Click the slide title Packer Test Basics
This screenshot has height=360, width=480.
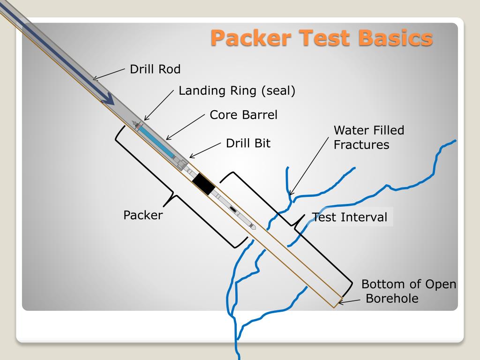(x=321, y=37)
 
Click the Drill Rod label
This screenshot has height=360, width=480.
(x=155, y=69)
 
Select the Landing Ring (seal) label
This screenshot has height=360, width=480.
(x=237, y=90)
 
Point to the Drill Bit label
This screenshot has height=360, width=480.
(x=248, y=143)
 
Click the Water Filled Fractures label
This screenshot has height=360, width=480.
(x=368, y=137)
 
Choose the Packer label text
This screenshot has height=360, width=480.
(x=143, y=215)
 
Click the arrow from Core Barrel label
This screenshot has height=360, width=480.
(x=186, y=127)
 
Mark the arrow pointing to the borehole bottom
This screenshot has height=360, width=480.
(x=349, y=301)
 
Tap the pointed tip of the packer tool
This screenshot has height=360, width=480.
(x=254, y=227)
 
